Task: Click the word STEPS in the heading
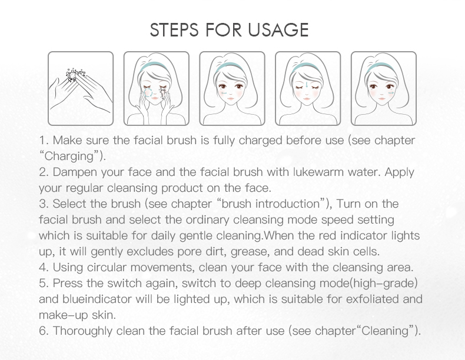tap(174, 29)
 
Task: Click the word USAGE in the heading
tap(278, 29)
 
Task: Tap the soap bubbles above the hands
tap(75, 75)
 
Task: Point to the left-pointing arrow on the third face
tap(224, 94)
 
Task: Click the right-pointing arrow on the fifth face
tap(391, 93)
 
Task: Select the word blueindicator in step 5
tap(97, 299)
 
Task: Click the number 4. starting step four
tap(45, 268)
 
